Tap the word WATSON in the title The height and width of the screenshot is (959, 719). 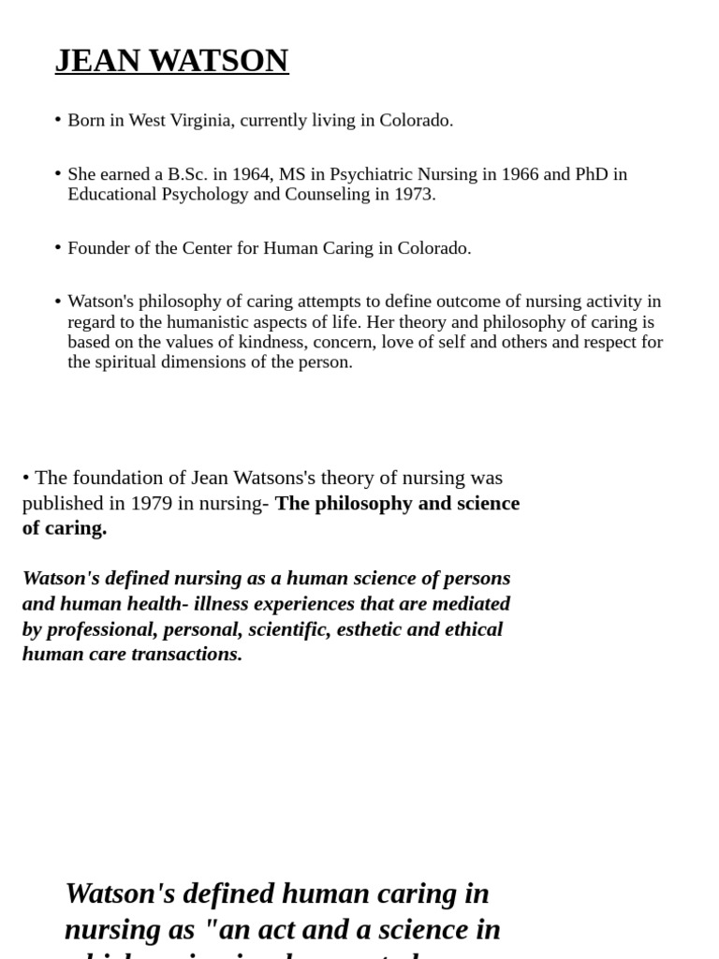pos(218,61)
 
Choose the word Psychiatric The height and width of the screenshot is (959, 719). pos(378,174)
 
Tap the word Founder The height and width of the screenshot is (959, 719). pos(98,248)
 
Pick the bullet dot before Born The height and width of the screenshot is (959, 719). pos(58,120)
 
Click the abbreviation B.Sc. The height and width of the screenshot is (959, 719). pos(187,174)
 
